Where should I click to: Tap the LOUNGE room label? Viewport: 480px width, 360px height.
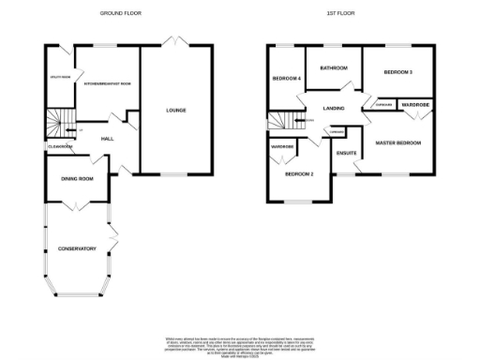pyautogui.click(x=176, y=111)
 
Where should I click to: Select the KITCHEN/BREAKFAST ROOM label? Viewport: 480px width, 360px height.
pyautogui.click(x=107, y=83)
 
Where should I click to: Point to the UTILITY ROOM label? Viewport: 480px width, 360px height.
pyautogui.click(x=60, y=78)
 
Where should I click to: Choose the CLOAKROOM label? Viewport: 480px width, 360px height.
pyautogui.click(x=59, y=146)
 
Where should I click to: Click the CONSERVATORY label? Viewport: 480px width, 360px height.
pyautogui.click(x=78, y=248)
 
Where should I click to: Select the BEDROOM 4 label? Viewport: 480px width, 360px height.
pyautogui.click(x=286, y=79)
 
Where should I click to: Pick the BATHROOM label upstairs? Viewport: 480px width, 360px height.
pyautogui.click(x=334, y=67)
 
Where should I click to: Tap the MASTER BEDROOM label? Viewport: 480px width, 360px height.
pyautogui.click(x=397, y=142)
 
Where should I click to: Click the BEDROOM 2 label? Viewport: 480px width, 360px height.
pyautogui.click(x=298, y=174)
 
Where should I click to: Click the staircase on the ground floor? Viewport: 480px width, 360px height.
pyautogui.click(x=58, y=122)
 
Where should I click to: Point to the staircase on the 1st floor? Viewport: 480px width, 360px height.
pyautogui.click(x=280, y=120)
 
